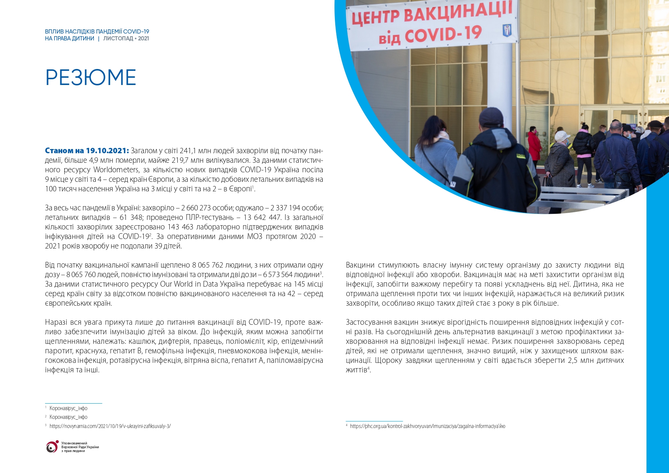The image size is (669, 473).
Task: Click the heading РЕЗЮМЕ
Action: [90, 77]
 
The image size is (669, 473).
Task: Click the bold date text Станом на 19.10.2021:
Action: [87, 151]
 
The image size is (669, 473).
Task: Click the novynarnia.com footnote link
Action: [110, 426]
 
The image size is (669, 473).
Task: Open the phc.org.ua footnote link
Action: [427, 426]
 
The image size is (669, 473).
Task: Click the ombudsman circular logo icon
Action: [52, 447]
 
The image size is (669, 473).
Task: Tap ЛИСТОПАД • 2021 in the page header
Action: [126, 38]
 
